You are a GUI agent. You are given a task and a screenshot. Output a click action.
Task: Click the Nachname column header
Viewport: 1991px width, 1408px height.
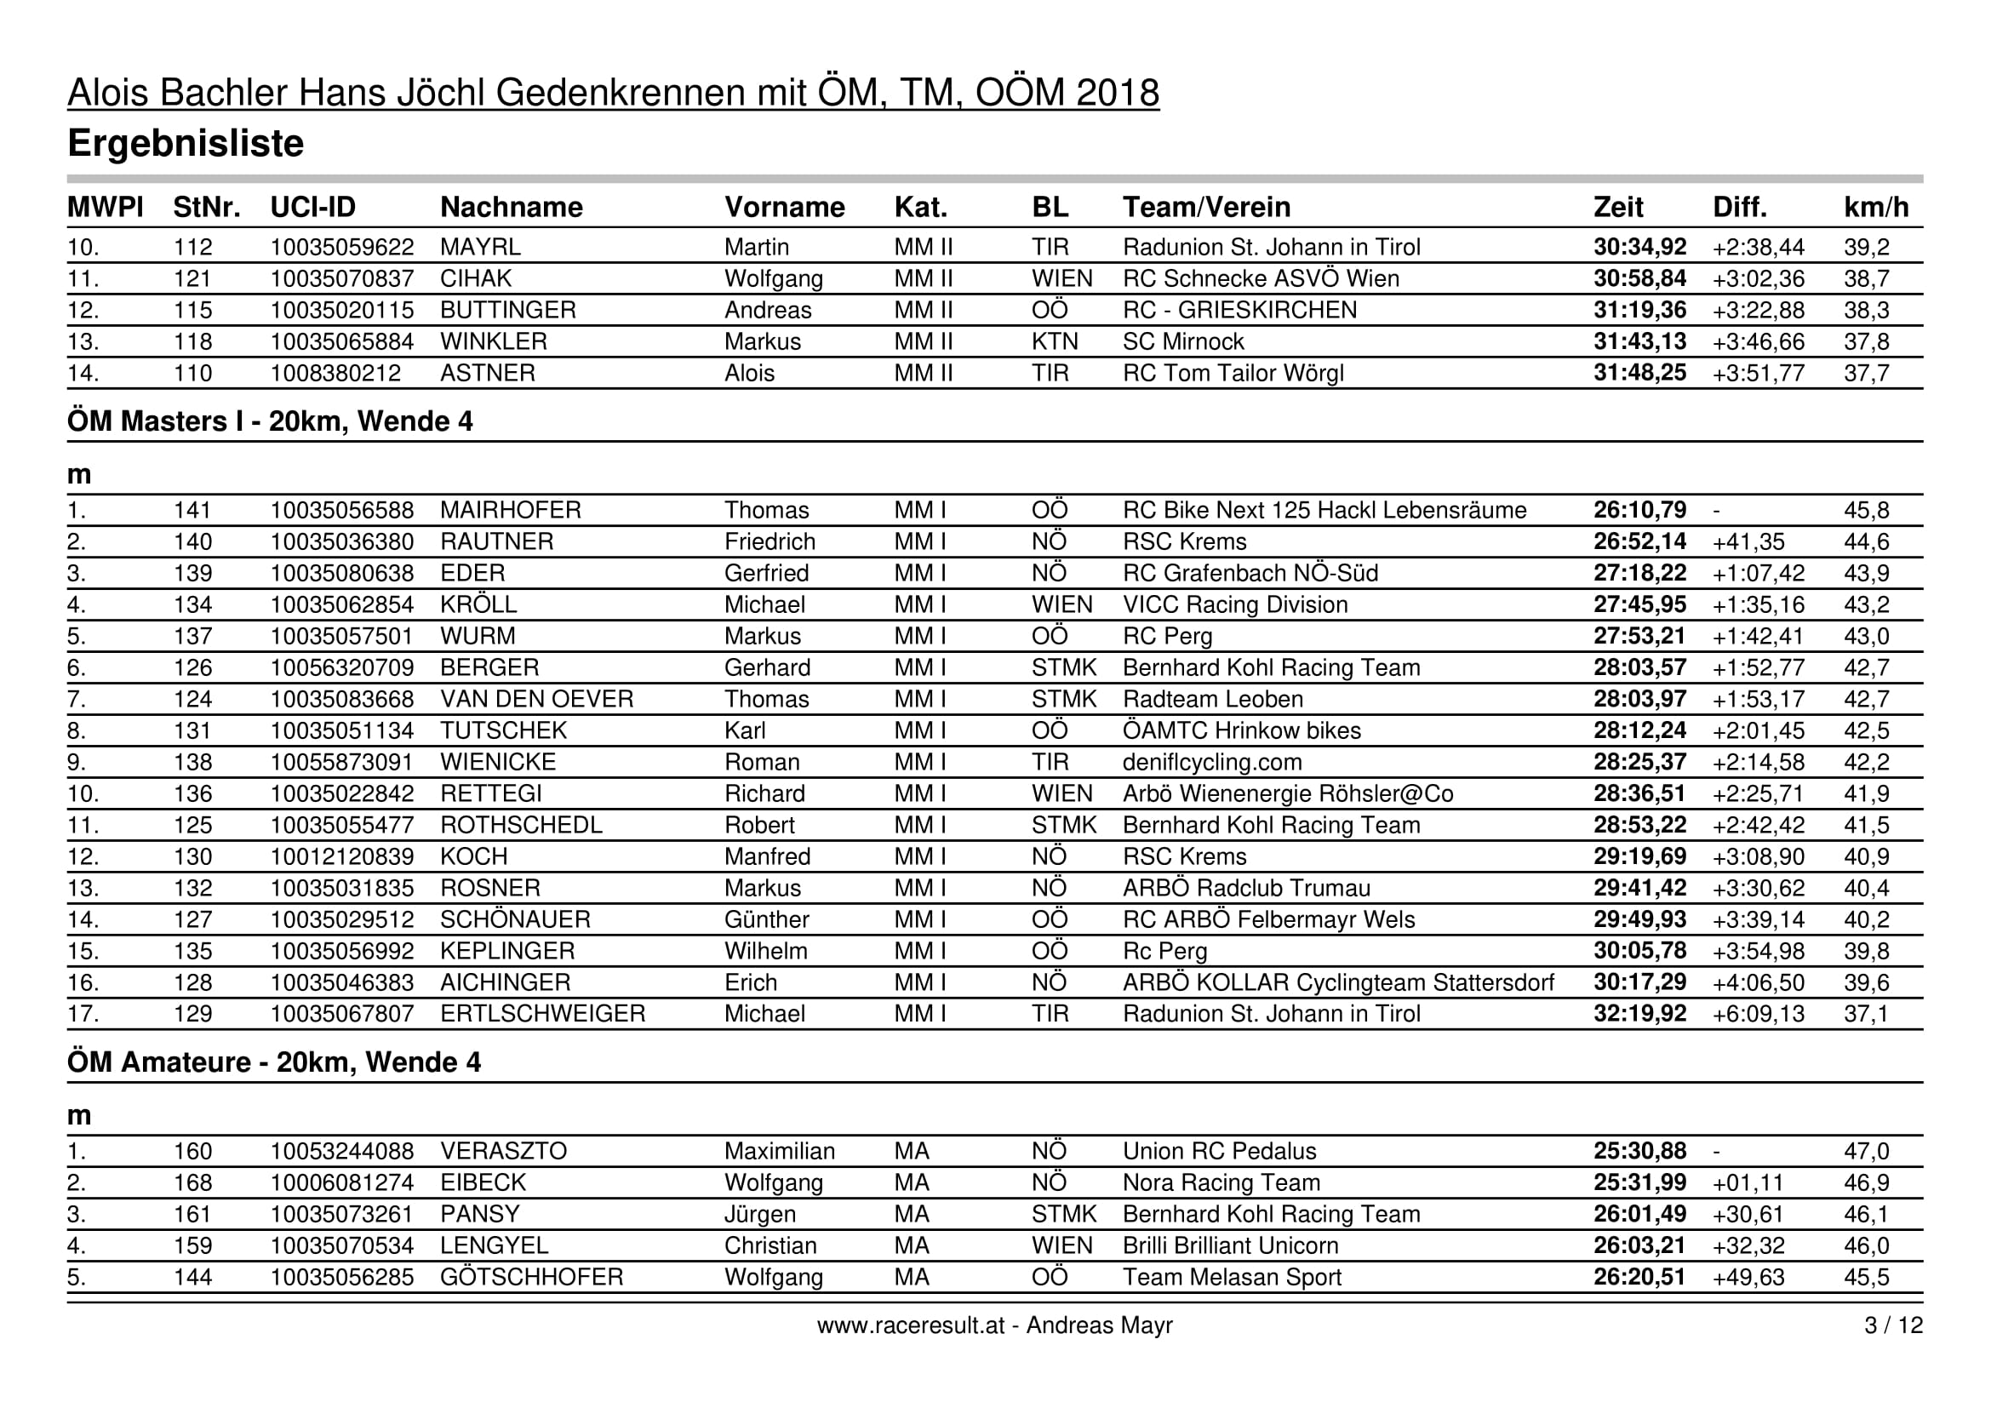pos(511,207)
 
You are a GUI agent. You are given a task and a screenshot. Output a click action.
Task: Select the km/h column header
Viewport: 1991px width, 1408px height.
pos(1876,207)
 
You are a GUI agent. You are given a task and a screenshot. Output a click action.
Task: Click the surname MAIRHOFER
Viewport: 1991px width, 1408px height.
pos(510,510)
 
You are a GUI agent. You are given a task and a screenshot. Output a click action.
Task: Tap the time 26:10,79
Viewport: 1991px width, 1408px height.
pos(1639,510)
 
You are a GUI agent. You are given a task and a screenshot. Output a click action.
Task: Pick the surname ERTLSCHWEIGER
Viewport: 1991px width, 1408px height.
pos(542,1014)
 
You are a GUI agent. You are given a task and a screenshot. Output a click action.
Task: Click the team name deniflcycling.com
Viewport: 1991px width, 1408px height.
pos(1211,762)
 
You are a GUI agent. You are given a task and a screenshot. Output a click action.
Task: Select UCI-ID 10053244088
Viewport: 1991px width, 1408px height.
pos(341,1152)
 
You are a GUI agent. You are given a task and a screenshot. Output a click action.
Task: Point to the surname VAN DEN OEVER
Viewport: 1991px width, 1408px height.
pos(536,699)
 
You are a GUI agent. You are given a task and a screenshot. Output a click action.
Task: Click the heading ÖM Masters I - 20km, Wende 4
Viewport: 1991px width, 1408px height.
pos(270,421)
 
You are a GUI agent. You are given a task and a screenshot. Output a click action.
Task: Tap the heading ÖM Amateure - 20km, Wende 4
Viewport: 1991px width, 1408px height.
pos(273,1062)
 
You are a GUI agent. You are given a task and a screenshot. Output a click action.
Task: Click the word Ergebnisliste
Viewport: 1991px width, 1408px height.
pos(186,144)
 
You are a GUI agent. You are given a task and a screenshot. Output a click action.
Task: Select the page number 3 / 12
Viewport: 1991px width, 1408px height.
pos(1893,1325)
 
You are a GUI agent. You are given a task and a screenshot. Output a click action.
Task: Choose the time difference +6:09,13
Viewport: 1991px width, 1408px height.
pos(1758,1014)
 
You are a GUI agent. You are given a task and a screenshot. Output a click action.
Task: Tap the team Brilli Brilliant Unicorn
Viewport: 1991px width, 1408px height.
pos(1230,1246)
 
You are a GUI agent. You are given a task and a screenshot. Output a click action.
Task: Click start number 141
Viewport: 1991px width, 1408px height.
pos(192,510)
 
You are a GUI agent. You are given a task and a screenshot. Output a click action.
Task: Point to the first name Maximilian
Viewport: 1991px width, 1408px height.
pos(779,1152)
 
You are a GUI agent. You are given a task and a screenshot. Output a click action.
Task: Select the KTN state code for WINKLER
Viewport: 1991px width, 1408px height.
pos(1055,341)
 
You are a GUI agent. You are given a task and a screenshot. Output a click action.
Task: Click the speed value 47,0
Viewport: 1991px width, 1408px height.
pos(1866,1152)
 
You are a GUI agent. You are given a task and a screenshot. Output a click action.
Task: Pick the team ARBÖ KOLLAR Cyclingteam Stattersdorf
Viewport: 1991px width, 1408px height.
pos(1337,982)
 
